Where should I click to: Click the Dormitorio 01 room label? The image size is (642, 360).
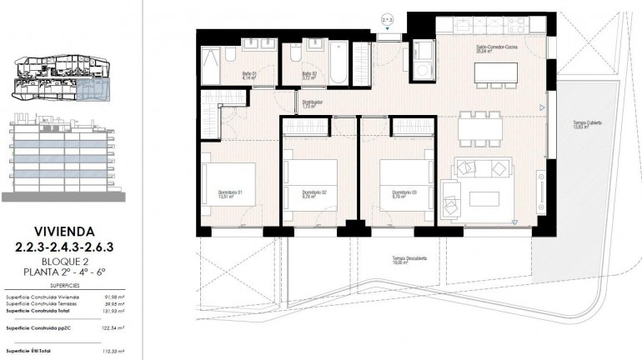(229, 194)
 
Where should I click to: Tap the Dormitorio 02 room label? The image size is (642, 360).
(313, 194)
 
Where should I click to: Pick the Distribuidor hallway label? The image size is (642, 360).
(313, 105)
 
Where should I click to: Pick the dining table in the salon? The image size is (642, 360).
(481, 128)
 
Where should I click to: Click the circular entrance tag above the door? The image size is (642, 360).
(387, 16)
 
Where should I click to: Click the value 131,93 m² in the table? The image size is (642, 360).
(113, 311)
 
